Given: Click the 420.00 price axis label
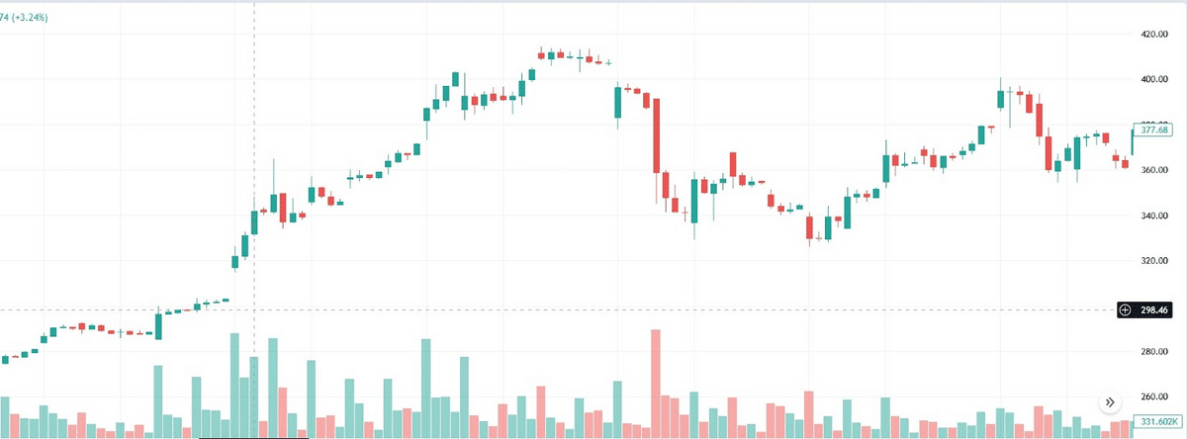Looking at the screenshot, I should [x=1155, y=35].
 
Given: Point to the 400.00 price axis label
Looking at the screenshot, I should [x=1155, y=79].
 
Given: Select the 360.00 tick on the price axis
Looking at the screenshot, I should [x=1155, y=170].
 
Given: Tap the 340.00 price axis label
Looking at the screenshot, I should [x=1155, y=216].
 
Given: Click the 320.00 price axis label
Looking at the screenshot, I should [x=1155, y=261].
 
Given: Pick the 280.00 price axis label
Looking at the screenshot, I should [x=1155, y=352].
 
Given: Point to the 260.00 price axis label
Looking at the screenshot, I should [x=1155, y=397].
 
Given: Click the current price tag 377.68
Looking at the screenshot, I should [x=1154, y=130].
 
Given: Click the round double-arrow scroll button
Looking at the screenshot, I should [x=1109, y=402].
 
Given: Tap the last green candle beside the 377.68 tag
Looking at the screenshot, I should [x=1135, y=143].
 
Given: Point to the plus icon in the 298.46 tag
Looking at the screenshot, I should [x=1124, y=310].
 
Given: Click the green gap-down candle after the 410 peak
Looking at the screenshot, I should [x=617, y=103].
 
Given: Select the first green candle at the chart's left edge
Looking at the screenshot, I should [x=5, y=359].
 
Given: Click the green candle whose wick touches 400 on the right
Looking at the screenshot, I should [x=1000, y=97].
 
